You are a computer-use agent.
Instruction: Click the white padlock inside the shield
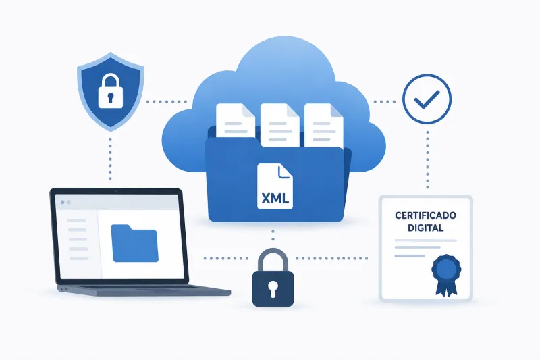[110, 92]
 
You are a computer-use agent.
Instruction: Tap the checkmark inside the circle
[427, 99]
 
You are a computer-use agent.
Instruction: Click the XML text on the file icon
[275, 199]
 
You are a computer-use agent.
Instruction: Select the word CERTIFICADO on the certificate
[425, 215]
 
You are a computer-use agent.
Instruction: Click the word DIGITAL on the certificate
[426, 228]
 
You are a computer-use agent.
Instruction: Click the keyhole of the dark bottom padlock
[273, 288]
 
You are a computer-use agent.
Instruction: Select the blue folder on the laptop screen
[134, 243]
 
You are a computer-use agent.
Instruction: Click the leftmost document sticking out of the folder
[235, 121]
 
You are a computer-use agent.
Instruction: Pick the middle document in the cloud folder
[279, 125]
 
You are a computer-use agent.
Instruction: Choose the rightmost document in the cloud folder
[324, 125]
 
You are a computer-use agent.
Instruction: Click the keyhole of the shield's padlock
[111, 97]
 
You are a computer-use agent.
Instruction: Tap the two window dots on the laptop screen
[65, 202]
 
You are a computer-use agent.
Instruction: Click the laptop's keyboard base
[144, 290]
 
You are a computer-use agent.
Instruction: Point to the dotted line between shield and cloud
[166, 101]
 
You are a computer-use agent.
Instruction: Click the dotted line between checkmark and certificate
[427, 160]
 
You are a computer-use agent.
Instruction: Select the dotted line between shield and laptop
[110, 159]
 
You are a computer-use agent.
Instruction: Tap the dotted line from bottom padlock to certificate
[332, 258]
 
